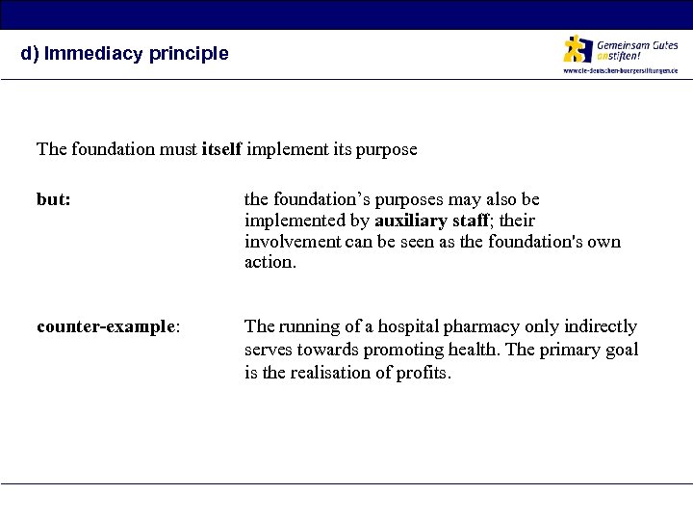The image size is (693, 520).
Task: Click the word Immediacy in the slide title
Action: pos(84,54)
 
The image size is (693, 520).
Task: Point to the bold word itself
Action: pos(223,149)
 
